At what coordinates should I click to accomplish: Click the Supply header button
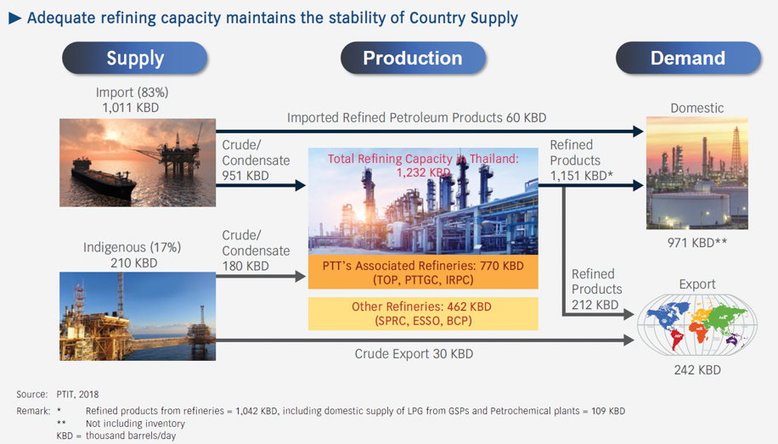coord(135,59)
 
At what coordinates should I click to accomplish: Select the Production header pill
coord(413,59)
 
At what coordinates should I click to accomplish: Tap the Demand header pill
coord(687,59)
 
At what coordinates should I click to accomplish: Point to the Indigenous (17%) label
coord(132,247)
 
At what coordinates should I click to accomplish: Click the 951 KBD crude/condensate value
coord(245,176)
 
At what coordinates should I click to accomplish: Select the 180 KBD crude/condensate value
coord(245,267)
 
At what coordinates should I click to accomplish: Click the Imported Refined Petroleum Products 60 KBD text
coord(416,118)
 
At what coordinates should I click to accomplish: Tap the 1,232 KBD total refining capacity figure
coord(423,172)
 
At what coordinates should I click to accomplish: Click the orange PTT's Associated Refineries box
coord(423,273)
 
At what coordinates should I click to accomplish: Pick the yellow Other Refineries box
coord(423,313)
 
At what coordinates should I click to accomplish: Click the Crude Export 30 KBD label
coord(414,353)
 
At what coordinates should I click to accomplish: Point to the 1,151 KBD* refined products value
coord(581,176)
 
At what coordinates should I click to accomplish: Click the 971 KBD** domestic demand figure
coord(696,243)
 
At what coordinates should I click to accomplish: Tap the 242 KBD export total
coord(696,370)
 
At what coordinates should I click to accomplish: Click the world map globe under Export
coord(696,325)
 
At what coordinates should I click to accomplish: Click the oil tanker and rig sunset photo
coord(138,163)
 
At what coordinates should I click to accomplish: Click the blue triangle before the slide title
coord(14,18)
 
